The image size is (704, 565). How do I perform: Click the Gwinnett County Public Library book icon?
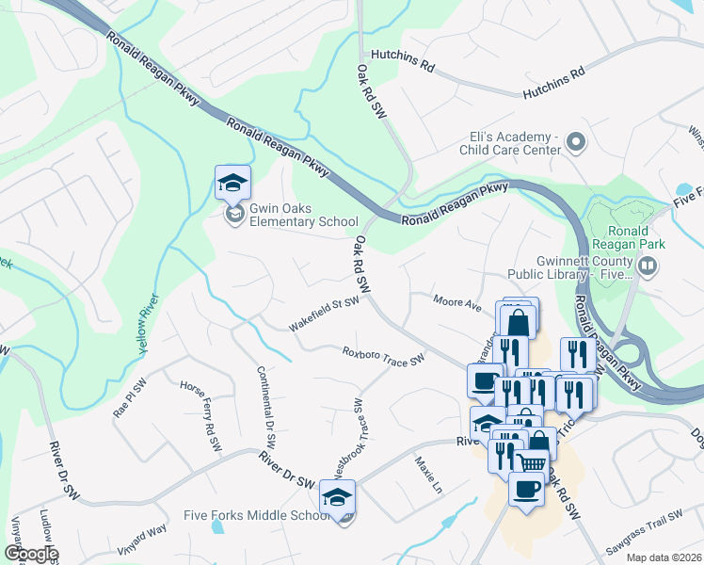(647, 266)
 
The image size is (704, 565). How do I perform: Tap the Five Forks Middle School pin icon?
(338, 497)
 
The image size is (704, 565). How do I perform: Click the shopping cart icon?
(531, 462)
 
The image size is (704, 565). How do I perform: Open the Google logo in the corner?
(30, 553)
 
